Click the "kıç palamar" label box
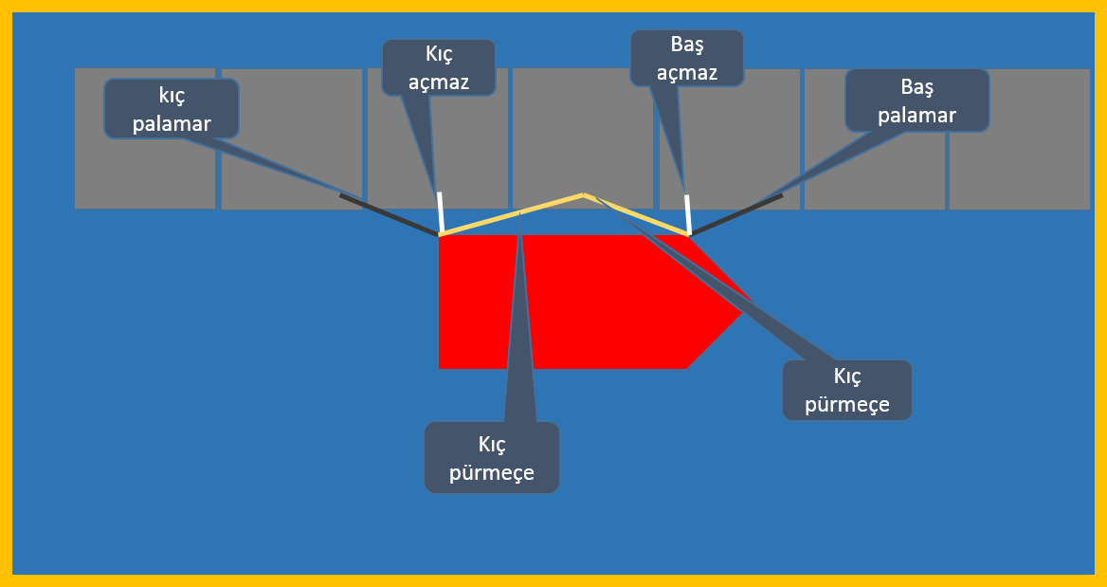point(172,108)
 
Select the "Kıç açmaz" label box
point(439,67)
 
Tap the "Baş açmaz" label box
point(687,58)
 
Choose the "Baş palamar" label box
point(917,101)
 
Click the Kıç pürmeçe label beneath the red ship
point(491,458)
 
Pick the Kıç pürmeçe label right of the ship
point(847,390)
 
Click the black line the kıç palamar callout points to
point(389,214)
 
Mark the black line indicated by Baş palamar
point(736,214)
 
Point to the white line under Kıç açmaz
point(440,212)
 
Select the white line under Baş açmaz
point(688,214)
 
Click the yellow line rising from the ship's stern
point(511,213)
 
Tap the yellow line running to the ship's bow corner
point(636,214)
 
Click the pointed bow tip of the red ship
point(750,303)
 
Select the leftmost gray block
point(145,138)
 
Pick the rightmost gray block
point(1020,139)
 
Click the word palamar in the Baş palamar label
point(917,115)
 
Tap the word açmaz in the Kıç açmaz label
point(439,83)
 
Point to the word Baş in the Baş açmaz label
point(687,45)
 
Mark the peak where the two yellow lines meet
point(583,193)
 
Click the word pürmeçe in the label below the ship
point(491,472)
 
